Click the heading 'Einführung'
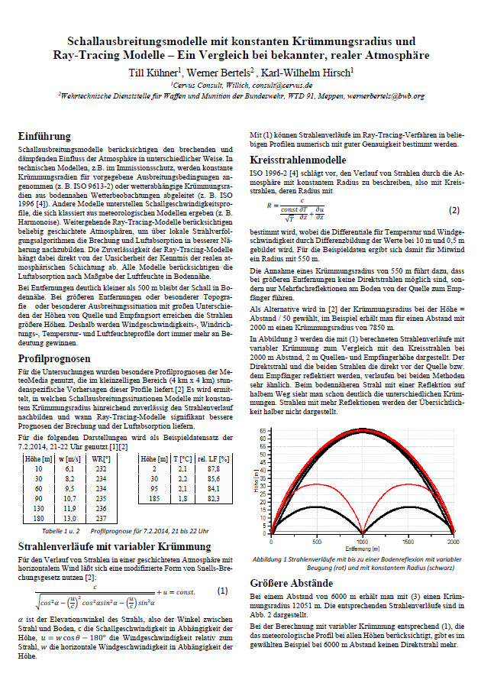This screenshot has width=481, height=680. pyautogui.click(x=48, y=135)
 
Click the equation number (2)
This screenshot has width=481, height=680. pyautogui.click(x=454, y=209)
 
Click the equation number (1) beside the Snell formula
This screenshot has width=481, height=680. pyautogui.click(x=221, y=591)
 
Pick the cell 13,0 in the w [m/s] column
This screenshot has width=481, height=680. pyautogui.click(x=69, y=516)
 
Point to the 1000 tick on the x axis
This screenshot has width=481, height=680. pyautogui.click(x=364, y=542)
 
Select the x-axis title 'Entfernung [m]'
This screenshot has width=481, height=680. pyautogui.click(x=364, y=549)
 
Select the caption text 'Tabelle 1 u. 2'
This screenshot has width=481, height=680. pyautogui.click(x=63, y=529)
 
